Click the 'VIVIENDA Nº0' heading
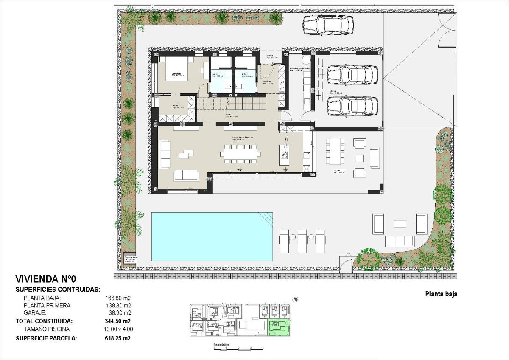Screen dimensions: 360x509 45,279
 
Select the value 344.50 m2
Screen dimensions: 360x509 117,321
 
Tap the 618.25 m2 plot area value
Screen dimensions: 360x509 117,338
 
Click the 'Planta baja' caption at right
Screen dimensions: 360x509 441,294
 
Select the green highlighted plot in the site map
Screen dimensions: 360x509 279,328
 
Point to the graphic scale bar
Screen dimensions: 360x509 239,348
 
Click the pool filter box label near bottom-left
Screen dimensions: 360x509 129,260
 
